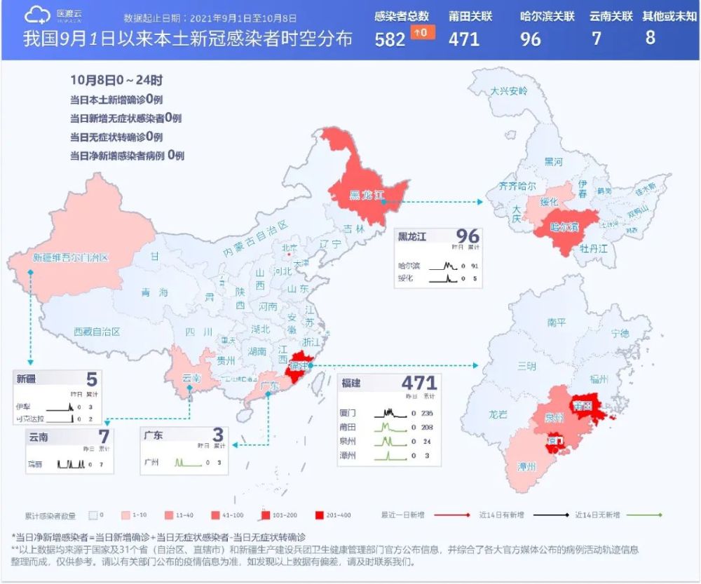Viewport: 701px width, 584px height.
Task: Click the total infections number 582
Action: click(x=390, y=39)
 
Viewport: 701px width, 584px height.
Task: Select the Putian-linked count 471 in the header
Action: click(x=464, y=39)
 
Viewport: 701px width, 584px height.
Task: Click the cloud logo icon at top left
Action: click(x=38, y=15)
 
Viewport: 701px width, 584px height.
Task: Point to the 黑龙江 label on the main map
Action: click(x=367, y=195)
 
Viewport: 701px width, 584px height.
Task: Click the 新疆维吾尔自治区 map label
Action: click(x=71, y=258)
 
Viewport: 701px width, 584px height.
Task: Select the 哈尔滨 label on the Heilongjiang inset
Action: click(x=563, y=227)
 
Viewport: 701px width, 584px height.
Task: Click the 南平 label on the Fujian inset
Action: click(x=556, y=323)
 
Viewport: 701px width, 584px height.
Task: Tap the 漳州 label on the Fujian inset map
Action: click(x=526, y=466)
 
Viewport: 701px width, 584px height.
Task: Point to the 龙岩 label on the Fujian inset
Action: click(x=498, y=414)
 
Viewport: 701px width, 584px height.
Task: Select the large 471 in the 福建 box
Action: click(x=419, y=383)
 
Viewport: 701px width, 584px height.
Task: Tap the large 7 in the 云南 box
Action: click(x=104, y=437)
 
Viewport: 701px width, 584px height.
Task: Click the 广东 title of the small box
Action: click(x=154, y=435)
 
